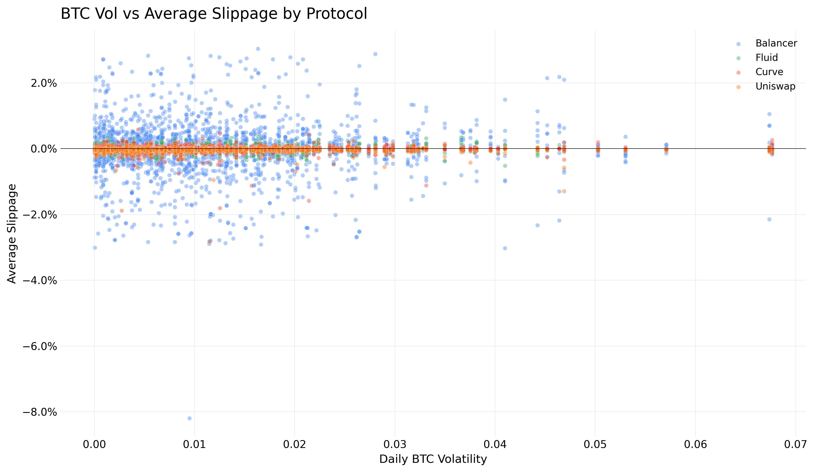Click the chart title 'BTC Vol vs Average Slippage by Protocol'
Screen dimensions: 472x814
point(214,14)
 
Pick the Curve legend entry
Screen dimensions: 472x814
point(769,72)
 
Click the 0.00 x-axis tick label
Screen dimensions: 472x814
point(94,445)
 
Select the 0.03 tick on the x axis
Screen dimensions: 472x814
point(395,445)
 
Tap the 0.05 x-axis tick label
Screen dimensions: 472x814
point(595,445)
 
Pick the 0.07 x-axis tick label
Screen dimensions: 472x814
point(795,445)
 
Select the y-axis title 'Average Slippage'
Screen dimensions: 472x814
point(12,234)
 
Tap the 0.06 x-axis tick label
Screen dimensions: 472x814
point(695,445)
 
